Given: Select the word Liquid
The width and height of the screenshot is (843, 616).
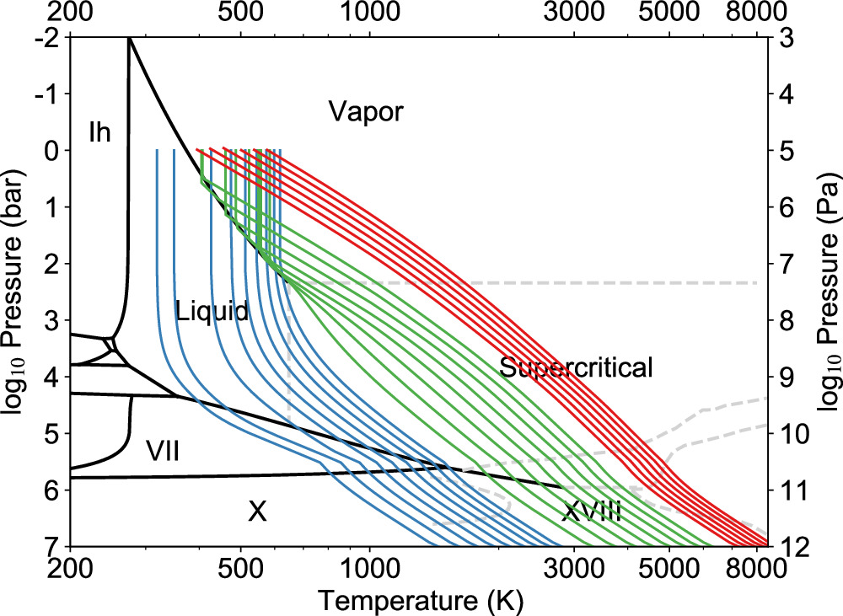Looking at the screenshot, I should click(x=212, y=312).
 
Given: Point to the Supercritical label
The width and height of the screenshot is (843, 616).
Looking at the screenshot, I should click(x=577, y=367).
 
